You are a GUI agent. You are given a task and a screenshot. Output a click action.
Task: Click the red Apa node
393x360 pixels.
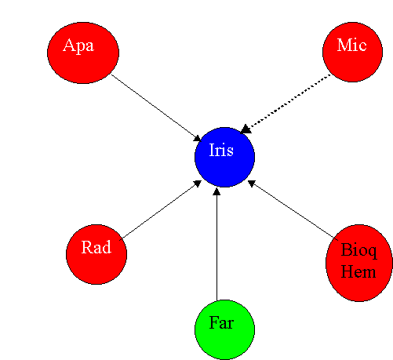[83, 53]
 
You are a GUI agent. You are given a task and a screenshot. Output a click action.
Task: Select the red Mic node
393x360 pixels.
[352, 52]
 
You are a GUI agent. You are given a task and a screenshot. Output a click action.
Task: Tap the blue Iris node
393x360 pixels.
[224, 157]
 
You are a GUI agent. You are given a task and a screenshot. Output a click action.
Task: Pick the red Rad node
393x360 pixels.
[96, 254]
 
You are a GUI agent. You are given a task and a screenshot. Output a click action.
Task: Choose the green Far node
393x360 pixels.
[224, 329]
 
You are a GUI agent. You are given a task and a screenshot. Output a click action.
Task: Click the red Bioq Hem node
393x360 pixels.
[359, 263]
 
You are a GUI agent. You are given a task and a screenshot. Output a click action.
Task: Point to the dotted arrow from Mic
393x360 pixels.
[286, 104]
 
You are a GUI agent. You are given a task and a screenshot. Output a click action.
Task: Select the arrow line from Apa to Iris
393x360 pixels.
[156, 108]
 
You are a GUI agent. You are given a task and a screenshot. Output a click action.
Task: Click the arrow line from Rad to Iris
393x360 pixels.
[161, 210]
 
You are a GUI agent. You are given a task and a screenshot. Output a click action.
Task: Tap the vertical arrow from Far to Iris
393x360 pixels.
[217, 244]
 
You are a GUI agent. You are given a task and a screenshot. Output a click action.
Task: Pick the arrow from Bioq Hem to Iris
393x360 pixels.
[293, 209]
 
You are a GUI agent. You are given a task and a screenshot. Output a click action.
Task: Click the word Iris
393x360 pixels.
[221, 150]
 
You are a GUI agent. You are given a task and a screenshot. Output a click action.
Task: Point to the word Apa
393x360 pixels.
[78, 46]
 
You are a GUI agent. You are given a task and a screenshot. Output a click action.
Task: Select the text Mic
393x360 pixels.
[351, 45]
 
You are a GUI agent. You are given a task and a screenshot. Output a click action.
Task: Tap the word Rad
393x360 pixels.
[96, 247]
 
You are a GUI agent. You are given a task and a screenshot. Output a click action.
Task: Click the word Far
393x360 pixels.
[221, 322]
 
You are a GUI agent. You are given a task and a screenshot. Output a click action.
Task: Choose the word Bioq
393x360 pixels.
[359, 251]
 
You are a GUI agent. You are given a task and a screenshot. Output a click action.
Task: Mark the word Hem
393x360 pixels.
[358, 271]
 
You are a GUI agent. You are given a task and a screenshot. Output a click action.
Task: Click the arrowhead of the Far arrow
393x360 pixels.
[217, 191]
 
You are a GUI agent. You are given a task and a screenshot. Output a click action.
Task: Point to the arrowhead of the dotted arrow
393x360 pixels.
[246, 129]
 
